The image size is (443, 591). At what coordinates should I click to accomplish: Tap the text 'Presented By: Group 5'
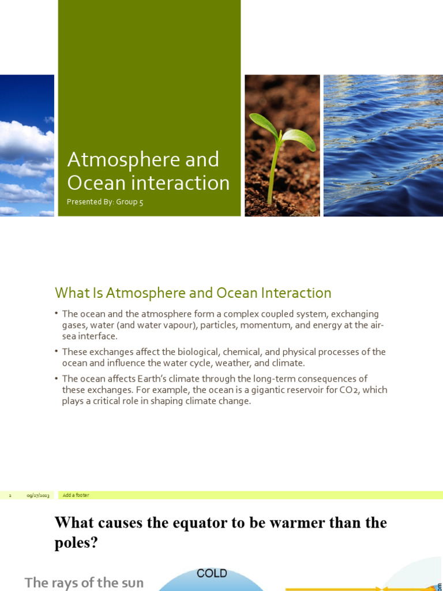click(x=105, y=202)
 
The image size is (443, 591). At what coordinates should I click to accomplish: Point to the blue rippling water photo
click(x=383, y=145)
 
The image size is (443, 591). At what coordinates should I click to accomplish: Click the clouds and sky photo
click(x=27, y=145)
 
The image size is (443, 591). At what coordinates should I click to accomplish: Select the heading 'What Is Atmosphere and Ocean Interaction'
click(x=193, y=293)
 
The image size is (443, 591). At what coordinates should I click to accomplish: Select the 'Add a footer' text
click(x=76, y=495)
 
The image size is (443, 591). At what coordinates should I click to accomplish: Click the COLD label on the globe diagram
click(x=212, y=574)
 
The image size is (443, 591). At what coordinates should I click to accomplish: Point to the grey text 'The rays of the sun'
click(x=85, y=583)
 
